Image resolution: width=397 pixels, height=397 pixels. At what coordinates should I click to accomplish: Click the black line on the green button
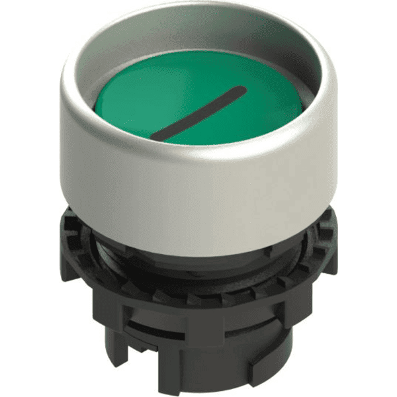[x=199, y=112]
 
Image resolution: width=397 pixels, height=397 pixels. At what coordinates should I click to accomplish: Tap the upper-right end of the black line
[x=243, y=89]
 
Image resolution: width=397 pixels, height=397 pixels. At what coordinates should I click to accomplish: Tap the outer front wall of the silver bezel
[x=198, y=198]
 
